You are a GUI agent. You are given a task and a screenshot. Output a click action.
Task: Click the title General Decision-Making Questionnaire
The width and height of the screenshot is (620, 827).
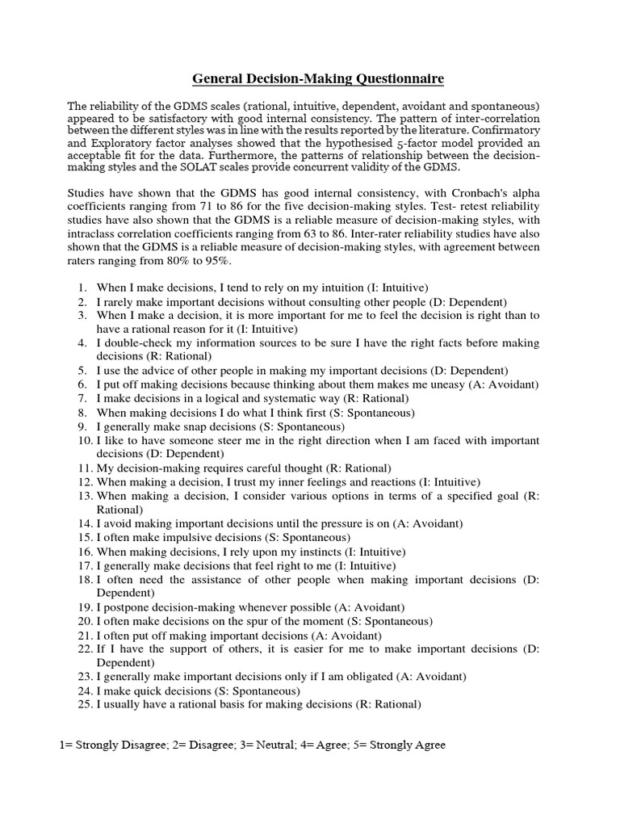coord(317,79)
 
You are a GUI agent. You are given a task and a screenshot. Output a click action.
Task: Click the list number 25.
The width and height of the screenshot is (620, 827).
coord(85,704)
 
